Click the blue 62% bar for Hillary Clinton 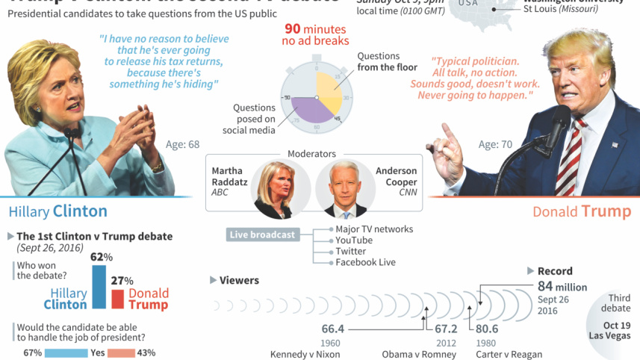(99, 287)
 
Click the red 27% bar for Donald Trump (117, 299)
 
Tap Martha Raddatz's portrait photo (271, 189)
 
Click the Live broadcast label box (262, 235)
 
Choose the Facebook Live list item (365, 262)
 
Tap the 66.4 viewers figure (332, 329)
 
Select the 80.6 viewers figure (487, 329)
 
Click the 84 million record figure (562, 287)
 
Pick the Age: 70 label (495, 145)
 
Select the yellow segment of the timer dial (329, 89)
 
